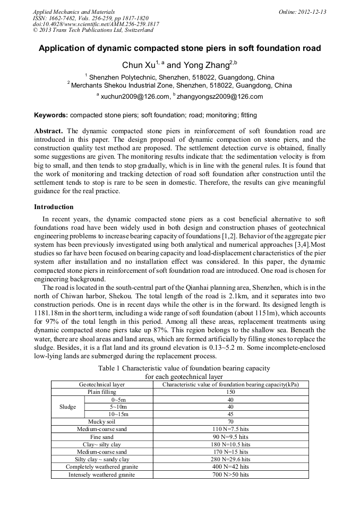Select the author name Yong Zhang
(205, 65)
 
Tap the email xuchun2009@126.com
(135, 97)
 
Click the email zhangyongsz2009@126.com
(219, 97)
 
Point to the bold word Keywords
(50, 115)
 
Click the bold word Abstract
(49, 131)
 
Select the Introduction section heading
(54, 206)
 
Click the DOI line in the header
(96, 24)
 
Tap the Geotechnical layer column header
(102, 384)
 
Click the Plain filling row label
(102, 392)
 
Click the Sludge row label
(67, 407)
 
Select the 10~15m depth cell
(118, 414)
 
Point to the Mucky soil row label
(102, 421)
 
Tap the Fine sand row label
(102, 436)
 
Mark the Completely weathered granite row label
(102, 467)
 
